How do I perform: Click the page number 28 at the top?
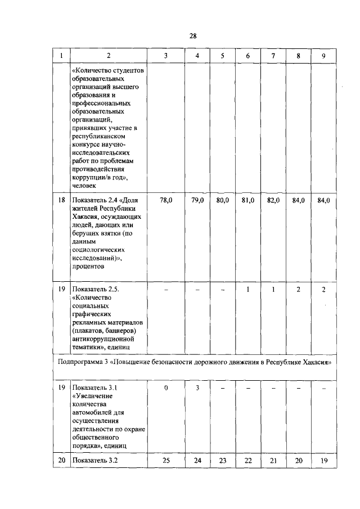click(192, 35)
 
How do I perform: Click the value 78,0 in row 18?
click(166, 200)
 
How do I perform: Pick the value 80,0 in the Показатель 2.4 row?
click(222, 200)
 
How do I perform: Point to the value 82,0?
click(273, 200)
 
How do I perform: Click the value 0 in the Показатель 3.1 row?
click(166, 388)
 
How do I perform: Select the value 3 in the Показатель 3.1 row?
click(197, 388)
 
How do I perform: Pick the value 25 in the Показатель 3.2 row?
click(166, 461)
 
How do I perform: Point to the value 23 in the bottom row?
click(222, 461)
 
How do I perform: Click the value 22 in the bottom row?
click(248, 461)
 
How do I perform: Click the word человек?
click(85, 184)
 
